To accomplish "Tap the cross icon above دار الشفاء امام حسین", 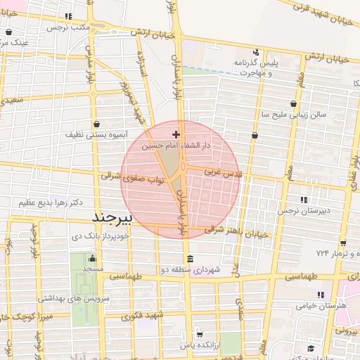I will pos(176,134).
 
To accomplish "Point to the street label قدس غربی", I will pos(222,172).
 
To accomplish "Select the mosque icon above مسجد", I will pos(93,257).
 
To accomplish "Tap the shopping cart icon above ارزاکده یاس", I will pos(200,334).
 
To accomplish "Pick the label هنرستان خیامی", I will pos(325,306).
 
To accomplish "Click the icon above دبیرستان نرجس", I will pos(304,199).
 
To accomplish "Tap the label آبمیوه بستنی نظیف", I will pos(98,134).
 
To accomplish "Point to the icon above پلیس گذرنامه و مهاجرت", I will pos(256,51).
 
